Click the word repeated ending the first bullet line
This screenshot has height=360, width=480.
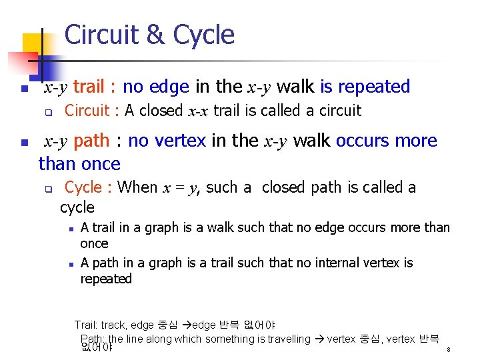pos(374,87)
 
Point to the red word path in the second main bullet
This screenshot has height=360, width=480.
pos(91,141)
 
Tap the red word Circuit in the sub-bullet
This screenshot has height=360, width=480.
pos(87,111)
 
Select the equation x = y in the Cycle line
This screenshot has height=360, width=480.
pos(181,188)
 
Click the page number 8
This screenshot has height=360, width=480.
pos(449,349)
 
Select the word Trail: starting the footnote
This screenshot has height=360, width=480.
pos(86,325)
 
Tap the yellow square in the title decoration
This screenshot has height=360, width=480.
pos(31,44)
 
